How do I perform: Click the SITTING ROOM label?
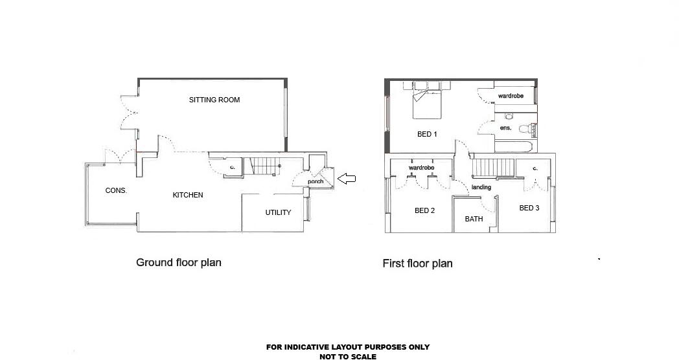(214, 100)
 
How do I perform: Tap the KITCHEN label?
(187, 195)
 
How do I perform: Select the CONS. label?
(116, 191)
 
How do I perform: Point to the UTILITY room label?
(278, 212)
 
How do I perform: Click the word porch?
(316, 181)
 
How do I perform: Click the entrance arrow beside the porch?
(347, 179)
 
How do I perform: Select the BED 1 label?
(426, 135)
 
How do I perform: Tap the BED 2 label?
(424, 210)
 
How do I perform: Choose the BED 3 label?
(529, 208)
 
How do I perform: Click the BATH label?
(474, 219)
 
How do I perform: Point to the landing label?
(481, 187)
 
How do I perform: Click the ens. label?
(506, 128)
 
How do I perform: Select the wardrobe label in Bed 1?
(511, 96)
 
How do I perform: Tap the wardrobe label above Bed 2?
(420, 168)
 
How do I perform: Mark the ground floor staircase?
(264, 166)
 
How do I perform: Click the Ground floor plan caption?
(178, 262)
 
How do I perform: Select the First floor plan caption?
(417, 264)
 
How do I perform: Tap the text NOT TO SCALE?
(347, 356)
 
